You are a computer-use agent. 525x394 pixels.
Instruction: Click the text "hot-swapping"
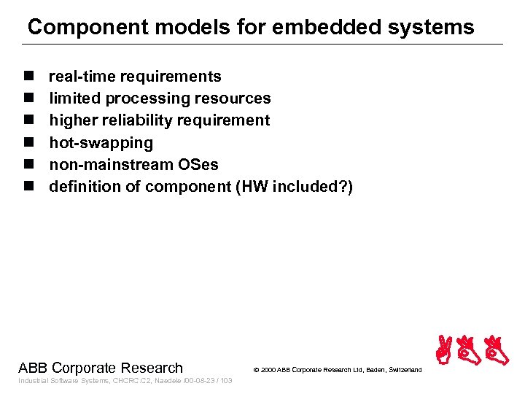(101, 143)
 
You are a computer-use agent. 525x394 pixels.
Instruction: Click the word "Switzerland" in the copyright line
(403, 370)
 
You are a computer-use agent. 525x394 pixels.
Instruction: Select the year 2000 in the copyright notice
(268, 370)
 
